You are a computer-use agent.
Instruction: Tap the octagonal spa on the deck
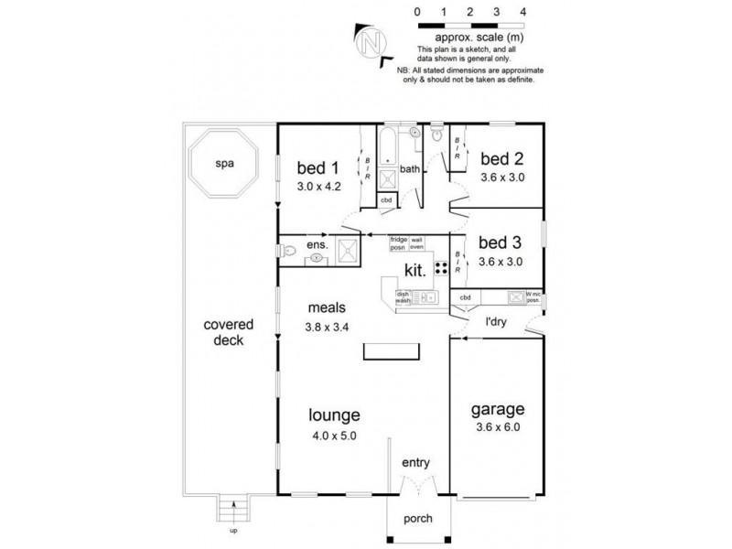(x=220, y=166)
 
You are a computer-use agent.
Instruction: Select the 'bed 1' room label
(x=318, y=167)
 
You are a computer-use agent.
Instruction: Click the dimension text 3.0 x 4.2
(x=318, y=185)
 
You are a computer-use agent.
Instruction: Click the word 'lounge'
(x=333, y=414)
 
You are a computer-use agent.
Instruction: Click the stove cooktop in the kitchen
(x=441, y=268)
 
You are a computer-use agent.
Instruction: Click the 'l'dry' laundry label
(x=497, y=323)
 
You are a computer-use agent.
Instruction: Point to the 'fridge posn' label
(x=398, y=242)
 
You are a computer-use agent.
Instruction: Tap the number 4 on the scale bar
(x=522, y=13)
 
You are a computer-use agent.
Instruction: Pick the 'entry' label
(x=415, y=464)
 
